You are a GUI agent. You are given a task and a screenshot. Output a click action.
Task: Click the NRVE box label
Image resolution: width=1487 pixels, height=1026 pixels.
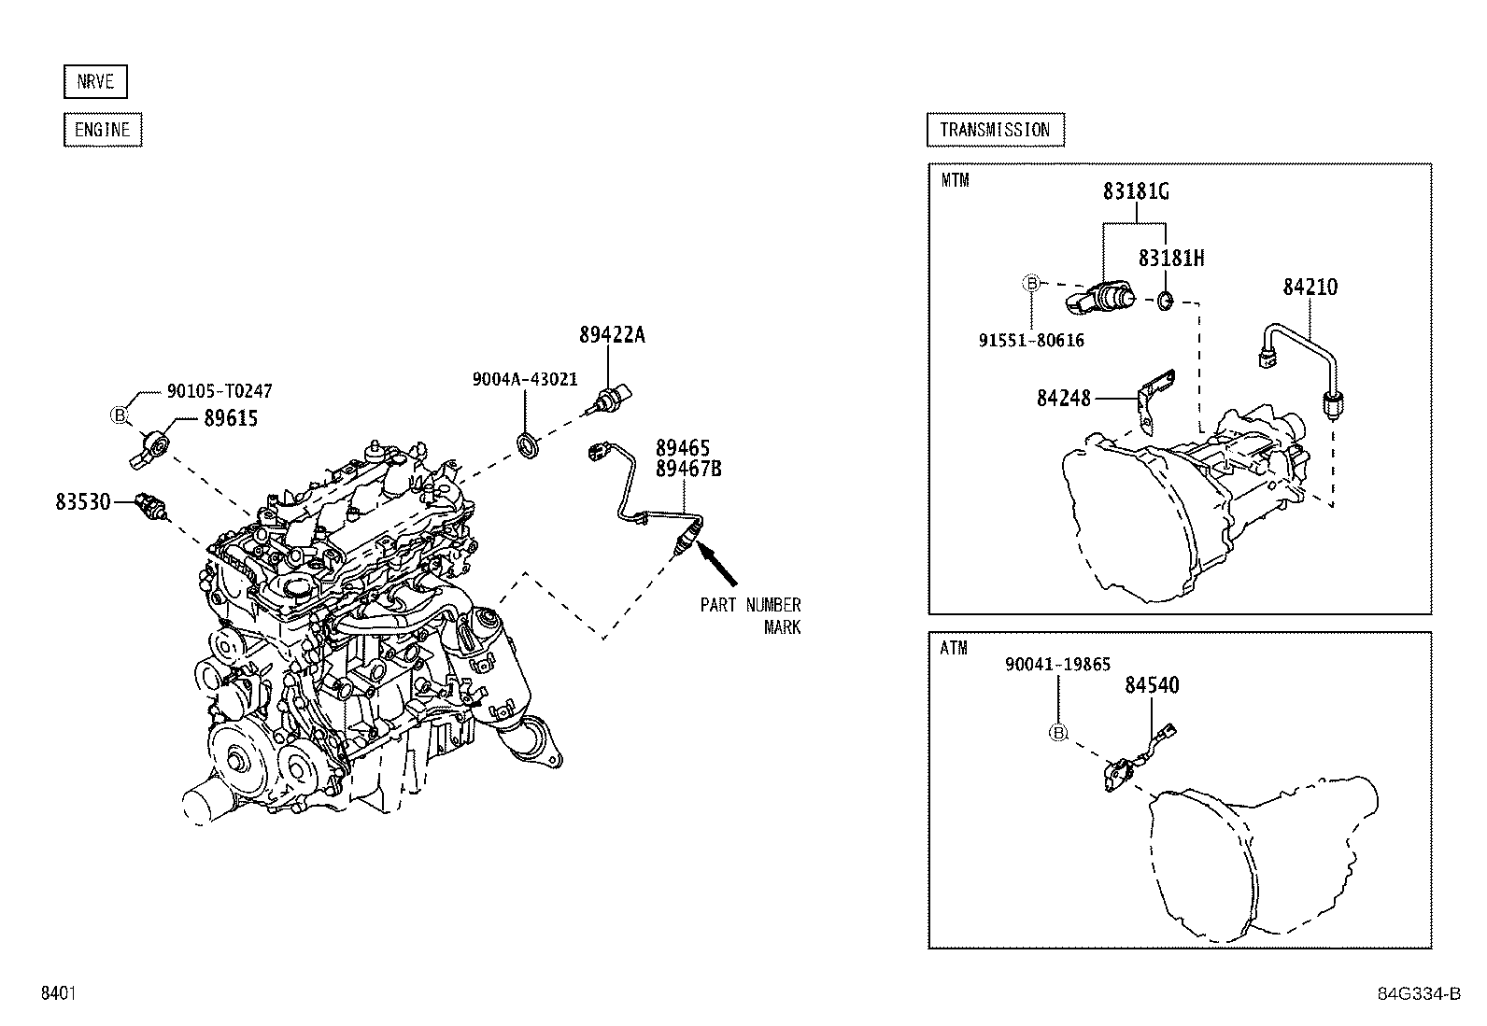click(x=95, y=82)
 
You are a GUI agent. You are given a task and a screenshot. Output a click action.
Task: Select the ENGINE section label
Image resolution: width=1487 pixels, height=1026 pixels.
click(x=103, y=130)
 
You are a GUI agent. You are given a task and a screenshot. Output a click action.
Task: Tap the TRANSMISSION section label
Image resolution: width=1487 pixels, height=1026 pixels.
click(x=995, y=130)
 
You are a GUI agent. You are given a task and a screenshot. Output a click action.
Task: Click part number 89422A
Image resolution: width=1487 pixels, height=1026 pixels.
click(x=612, y=335)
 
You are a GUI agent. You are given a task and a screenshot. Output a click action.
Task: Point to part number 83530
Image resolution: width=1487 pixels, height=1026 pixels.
click(x=83, y=502)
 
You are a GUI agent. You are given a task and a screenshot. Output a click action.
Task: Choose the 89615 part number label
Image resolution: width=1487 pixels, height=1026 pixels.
click(x=231, y=418)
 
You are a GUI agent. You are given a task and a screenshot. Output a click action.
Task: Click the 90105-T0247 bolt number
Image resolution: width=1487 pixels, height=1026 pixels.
click(x=220, y=392)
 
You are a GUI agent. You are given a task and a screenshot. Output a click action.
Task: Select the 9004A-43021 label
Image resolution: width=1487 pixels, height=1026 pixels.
click(x=525, y=379)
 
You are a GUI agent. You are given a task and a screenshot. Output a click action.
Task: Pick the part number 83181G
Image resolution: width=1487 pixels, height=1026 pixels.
click(x=1136, y=192)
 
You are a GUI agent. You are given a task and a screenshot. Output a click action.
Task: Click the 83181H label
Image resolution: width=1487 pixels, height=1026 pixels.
click(x=1170, y=259)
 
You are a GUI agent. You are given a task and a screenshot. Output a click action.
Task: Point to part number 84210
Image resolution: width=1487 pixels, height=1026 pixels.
click(x=1310, y=288)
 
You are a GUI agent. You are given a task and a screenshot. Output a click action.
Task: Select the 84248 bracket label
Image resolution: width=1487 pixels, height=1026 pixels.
click(x=1064, y=399)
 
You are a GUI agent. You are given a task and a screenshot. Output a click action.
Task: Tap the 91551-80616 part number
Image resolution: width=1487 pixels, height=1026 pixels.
click(x=1031, y=341)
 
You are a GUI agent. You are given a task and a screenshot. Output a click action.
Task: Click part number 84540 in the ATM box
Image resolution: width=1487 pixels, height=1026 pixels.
click(x=1152, y=685)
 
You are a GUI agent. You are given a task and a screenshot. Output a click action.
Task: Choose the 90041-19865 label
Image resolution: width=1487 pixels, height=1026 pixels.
click(x=1057, y=665)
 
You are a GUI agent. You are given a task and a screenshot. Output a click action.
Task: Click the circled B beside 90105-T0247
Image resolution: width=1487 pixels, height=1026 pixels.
click(x=120, y=415)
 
